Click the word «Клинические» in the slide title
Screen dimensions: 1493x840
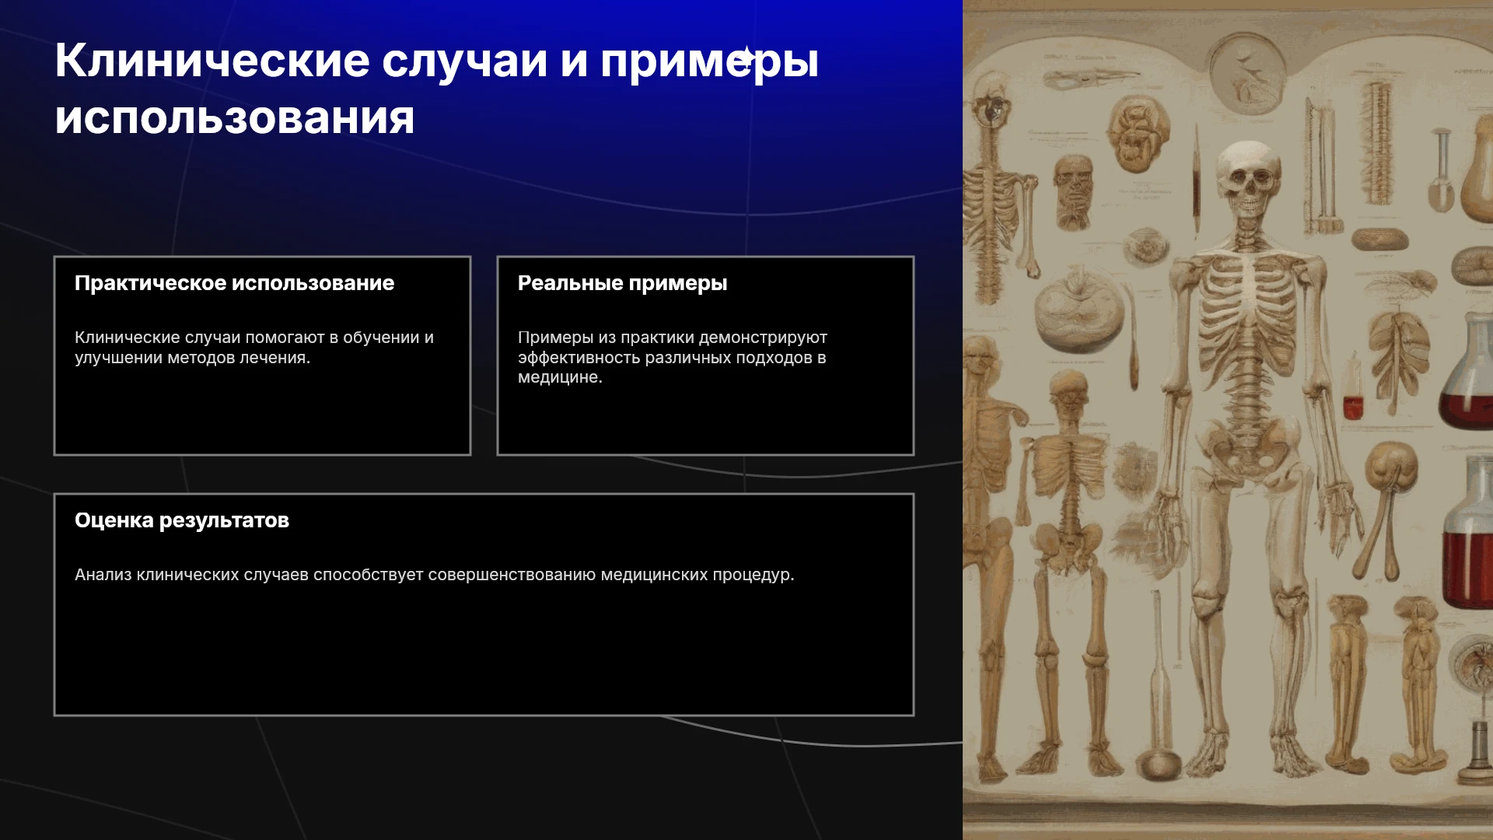click(212, 61)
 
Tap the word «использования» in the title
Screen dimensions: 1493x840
click(235, 119)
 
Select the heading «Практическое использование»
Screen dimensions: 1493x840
click(234, 283)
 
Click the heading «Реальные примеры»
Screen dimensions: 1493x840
click(622, 283)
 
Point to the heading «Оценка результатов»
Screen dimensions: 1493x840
click(182, 520)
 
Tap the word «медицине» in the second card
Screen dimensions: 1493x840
click(558, 377)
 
